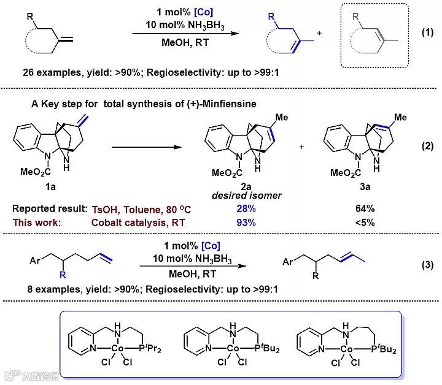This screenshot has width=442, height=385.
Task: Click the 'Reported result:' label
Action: (48, 208)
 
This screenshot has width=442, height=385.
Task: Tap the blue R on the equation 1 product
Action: (271, 18)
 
